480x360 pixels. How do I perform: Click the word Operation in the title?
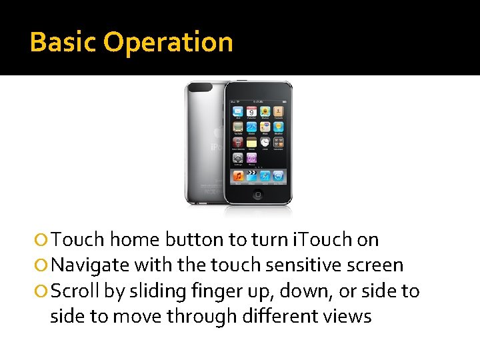click(x=168, y=42)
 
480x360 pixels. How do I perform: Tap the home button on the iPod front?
click(x=258, y=195)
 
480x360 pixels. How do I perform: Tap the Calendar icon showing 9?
click(x=251, y=111)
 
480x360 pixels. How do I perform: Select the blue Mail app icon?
click(x=238, y=111)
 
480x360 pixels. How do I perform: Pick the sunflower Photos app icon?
click(x=265, y=111)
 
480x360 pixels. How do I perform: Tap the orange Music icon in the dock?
click(x=238, y=176)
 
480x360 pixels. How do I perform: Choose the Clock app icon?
click(x=265, y=142)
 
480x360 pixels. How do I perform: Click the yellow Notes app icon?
click(x=251, y=142)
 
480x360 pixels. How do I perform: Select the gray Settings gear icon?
click(x=238, y=158)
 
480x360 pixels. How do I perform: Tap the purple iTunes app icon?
click(x=251, y=158)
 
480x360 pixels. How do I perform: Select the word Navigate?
click(x=90, y=265)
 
